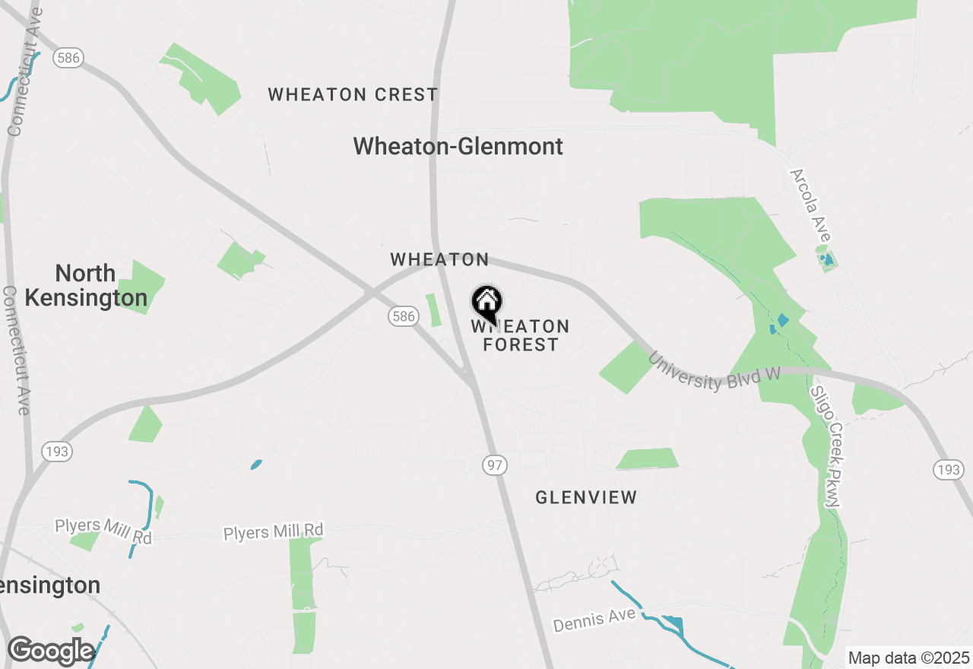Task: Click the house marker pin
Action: [486, 303]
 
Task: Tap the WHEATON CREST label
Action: [353, 95]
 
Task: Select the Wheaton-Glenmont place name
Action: [458, 146]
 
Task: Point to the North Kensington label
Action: [86, 285]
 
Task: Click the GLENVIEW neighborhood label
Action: [586, 498]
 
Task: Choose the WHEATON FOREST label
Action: [521, 336]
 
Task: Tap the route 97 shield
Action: [495, 465]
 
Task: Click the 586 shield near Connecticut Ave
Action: [69, 57]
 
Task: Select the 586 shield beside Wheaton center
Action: [403, 316]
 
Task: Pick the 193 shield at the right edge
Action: [949, 470]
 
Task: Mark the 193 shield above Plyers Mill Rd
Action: [56, 452]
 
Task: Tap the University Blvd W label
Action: [714, 373]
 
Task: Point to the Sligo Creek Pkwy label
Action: [827, 447]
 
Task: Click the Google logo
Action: [50, 652]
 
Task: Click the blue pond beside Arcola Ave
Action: [827, 261]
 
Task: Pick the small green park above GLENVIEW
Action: [648, 458]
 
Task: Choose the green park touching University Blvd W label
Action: [626, 368]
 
